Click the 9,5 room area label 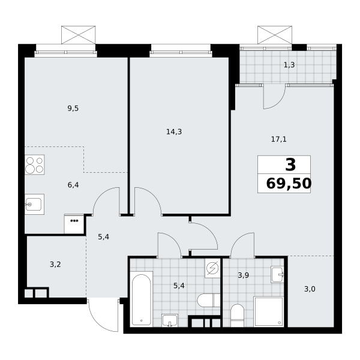[x=73, y=109]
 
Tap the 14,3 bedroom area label [x=174, y=132]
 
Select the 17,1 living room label [x=279, y=139]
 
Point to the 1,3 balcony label [x=289, y=65]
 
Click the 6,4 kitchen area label [x=73, y=185]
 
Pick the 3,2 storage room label [x=55, y=265]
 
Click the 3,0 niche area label [x=310, y=289]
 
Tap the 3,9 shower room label [x=244, y=275]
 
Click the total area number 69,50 [x=289, y=184]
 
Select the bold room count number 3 [x=290, y=165]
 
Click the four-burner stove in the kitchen [x=35, y=164]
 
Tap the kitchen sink [x=34, y=205]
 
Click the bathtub [x=142, y=299]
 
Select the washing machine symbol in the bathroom [x=212, y=268]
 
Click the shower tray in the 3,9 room [x=269, y=311]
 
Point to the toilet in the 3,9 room [x=238, y=316]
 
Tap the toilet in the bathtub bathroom [x=209, y=300]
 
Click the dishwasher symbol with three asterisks [x=74, y=224]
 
